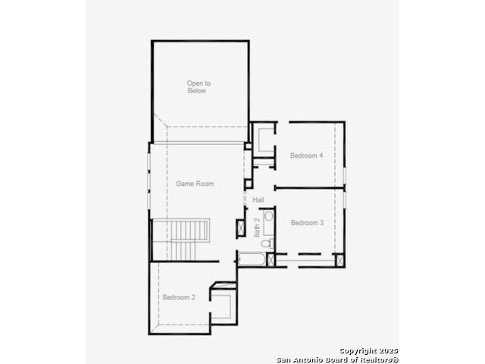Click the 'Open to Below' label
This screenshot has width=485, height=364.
pos(199,87)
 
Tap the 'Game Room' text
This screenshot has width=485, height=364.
pos(195,184)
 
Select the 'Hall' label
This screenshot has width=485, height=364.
pos(258,199)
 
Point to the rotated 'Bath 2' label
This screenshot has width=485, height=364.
pos(257,227)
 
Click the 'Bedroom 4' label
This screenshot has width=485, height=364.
pos(306,155)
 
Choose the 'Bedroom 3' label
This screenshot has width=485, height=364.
pos(307,222)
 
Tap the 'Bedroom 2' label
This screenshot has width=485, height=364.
pos(179,297)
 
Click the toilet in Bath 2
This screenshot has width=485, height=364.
pos(268,243)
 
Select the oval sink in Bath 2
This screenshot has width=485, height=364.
pos(269,216)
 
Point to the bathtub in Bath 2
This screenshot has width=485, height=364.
pos(252,259)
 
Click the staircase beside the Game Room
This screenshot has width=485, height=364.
pos(181,240)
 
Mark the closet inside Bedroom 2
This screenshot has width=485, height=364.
pos(224,303)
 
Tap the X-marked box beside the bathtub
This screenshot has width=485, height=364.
pos(271,259)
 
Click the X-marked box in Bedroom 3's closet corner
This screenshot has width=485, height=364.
pos(339,260)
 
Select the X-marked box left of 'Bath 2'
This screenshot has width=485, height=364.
pos(240,228)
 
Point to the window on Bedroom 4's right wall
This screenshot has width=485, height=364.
pos(344,175)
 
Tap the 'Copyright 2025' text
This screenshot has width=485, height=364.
pos(369,351)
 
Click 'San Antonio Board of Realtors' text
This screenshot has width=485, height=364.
pos(337,359)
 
